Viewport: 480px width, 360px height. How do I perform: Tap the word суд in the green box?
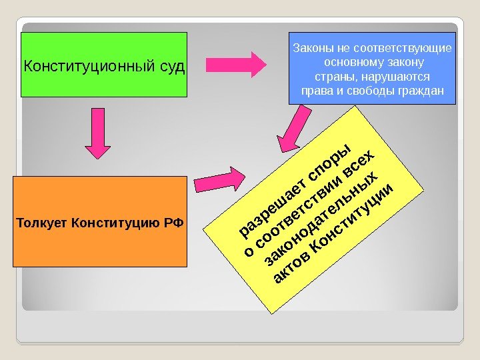171,67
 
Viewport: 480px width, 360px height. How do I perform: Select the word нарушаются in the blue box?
395,77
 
